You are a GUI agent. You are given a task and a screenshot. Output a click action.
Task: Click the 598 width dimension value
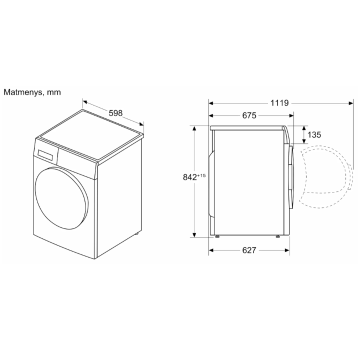click(115, 113)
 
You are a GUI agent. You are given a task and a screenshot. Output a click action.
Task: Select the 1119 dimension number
click(279, 103)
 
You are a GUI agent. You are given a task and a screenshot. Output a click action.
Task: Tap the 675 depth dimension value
click(249, 115)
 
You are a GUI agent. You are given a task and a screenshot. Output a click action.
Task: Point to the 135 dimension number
click(314, 134)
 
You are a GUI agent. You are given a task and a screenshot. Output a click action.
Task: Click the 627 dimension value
click(249, 250)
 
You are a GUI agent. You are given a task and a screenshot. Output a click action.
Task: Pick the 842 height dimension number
click(190, 177)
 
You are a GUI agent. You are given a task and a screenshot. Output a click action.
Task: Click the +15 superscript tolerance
click(201, 175)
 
